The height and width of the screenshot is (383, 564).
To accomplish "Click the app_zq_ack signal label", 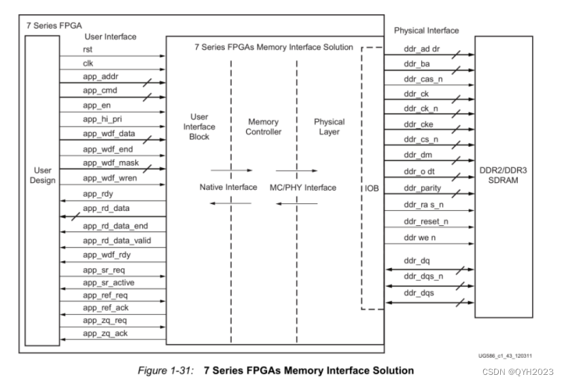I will [105, 333].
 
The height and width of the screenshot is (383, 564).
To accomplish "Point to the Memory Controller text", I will [264, 127].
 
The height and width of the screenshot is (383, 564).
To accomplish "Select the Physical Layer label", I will [329, 127].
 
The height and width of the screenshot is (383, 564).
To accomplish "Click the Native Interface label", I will [228, 187].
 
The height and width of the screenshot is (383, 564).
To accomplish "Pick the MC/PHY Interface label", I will [302, 187].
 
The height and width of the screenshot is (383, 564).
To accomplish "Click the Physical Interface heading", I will [426, 30].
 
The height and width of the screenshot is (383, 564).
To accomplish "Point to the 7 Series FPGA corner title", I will [50, 24].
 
